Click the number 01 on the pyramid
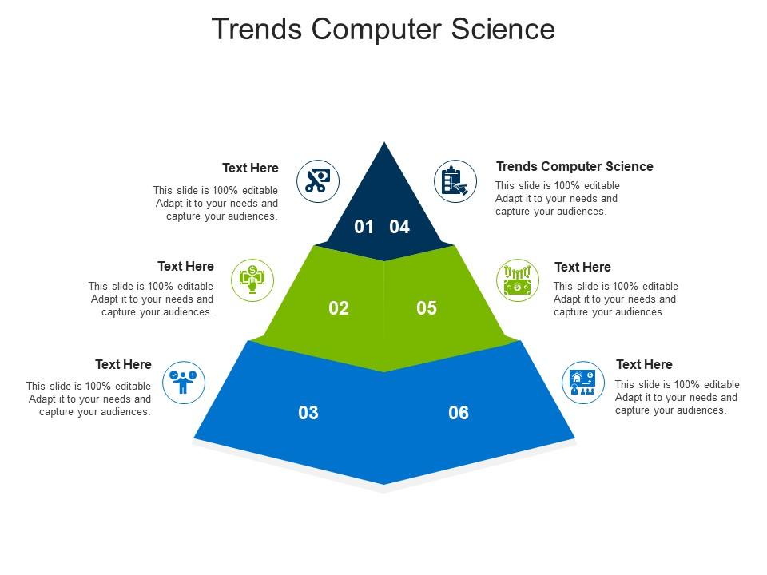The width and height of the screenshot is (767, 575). click(364, 227)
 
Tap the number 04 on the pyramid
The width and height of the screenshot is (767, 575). click(399, 227)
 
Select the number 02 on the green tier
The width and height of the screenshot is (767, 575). click(339, 308)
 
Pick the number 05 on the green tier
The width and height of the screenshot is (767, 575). click(427, 308)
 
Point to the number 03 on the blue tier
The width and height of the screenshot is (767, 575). click(308, 413)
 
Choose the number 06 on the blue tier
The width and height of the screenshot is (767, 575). click(459, 413)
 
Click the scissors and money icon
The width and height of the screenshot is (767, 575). click(318, 181)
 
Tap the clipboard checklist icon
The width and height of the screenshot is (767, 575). click(455, 181)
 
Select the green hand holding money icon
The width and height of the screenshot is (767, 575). click(252, 280)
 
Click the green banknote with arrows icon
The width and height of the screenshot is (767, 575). click(518, 280)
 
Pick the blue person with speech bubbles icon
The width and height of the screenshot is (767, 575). click(184, 383)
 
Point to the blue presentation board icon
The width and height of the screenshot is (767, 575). click(583, 383)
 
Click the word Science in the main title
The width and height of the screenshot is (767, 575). click(503, 29)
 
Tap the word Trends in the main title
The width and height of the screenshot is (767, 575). click(256, 29)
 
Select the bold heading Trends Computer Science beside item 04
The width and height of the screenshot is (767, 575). click(574, 167)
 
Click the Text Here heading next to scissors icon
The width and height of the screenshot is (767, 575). click(250, 169)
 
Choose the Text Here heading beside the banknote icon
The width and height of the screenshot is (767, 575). click(582, 267)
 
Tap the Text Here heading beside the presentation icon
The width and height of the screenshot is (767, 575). click(644, 364)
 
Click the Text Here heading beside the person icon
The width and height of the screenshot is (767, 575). click(123, 364)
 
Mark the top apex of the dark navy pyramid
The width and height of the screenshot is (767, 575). click(384, 142)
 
